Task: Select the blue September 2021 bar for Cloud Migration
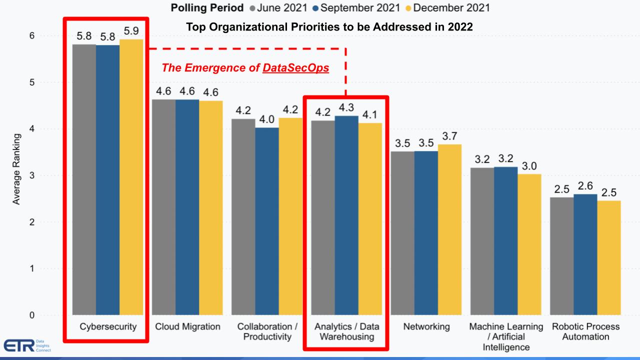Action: (187, 207)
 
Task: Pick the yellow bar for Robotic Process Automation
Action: (608, 257)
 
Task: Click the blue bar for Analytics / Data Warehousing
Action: (346, 215)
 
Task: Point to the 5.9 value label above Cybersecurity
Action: (131, 31)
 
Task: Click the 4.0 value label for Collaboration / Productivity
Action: (266, 119)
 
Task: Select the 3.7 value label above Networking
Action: (449, 136)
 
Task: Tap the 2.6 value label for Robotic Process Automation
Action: (585, 186)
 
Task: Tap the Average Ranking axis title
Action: (16, 169)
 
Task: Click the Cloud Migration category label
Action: (187, 327)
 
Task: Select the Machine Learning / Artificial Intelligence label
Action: (505, 336)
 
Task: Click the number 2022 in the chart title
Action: (460, 27)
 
